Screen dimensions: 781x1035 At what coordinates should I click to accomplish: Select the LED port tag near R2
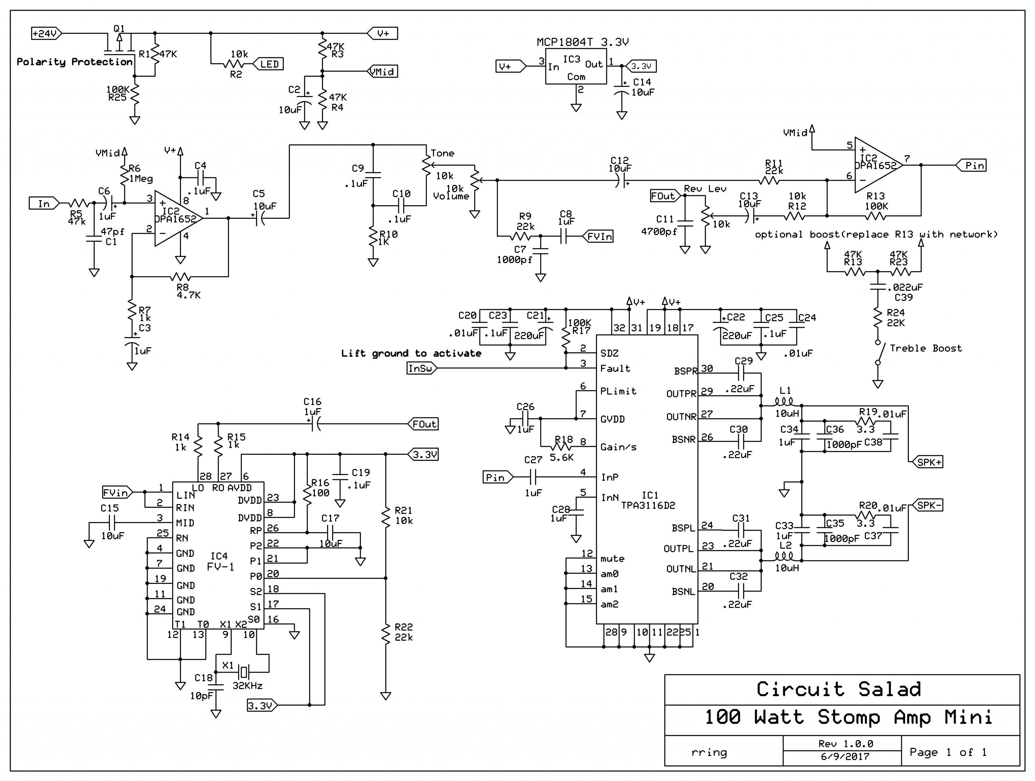(268, 64)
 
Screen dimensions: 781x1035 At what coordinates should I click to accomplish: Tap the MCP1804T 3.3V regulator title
(582, 42)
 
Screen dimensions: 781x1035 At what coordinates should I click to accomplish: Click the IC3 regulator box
(576, 68)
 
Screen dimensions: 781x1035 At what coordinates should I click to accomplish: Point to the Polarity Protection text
(74, 62)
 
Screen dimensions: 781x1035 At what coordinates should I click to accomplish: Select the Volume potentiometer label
(451, 196)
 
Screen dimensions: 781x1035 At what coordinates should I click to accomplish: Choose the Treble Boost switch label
(925, 348)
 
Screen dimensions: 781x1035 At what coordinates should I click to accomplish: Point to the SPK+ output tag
(928, 462)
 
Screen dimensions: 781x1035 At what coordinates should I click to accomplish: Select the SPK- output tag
(928, 505)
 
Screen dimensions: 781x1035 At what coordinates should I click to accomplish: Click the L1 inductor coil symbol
(784, 401)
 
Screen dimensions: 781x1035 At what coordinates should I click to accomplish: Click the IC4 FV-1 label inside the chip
(220, 561)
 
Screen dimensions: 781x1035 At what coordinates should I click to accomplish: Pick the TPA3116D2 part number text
(648, 505)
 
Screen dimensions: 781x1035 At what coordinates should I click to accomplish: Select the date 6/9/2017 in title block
(845, 757)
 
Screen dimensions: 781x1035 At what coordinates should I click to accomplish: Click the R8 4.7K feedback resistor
(181, 277)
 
